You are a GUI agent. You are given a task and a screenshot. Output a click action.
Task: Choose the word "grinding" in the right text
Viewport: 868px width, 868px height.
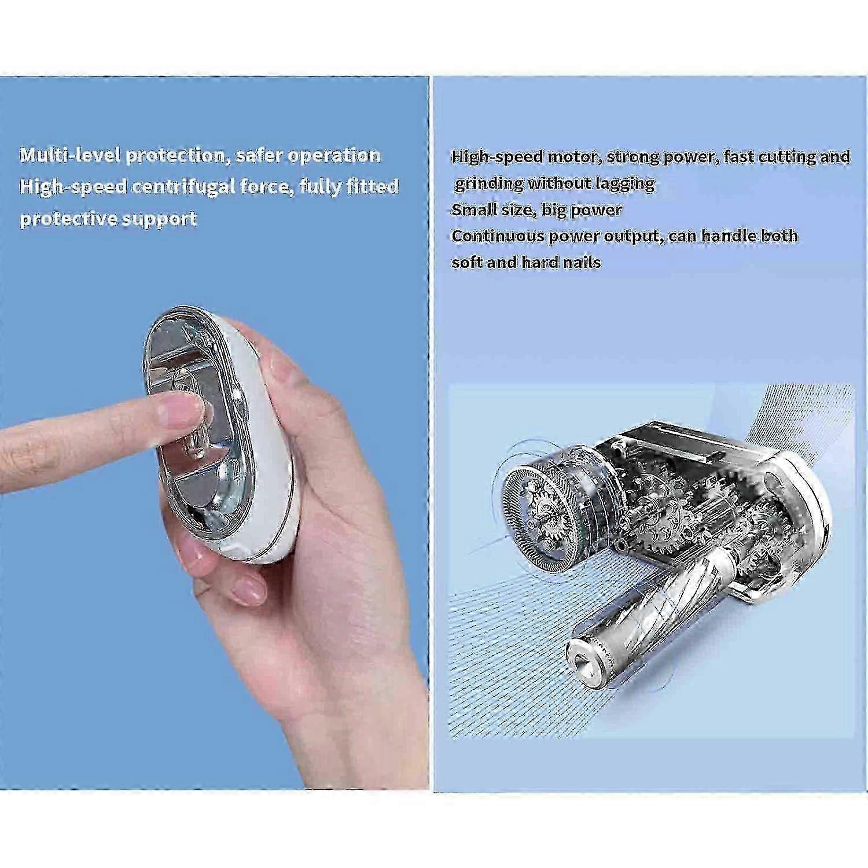pyautogui.click(x=488, y=184)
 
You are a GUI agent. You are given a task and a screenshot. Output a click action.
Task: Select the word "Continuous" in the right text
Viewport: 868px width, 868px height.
pyautogui.click(x=498, y=236)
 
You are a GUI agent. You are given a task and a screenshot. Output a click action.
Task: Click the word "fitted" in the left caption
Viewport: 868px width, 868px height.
pyautogui.click(x=372, y=186)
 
